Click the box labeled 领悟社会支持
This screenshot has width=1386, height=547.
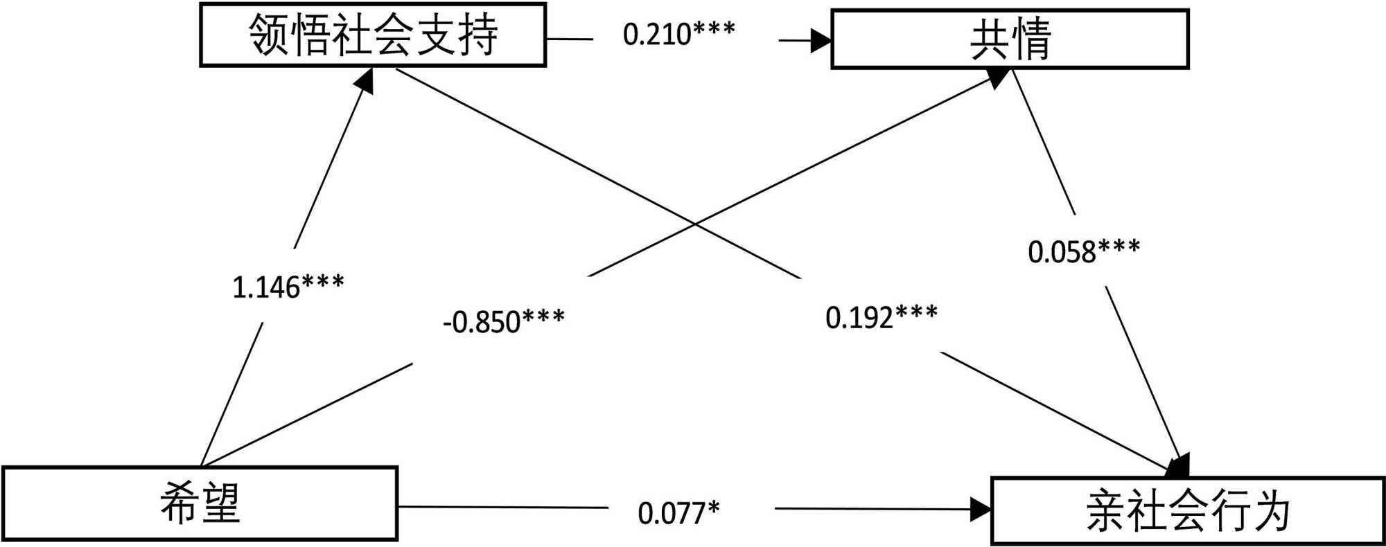[x=373, y=35]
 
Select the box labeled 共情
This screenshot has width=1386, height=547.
[x=1010, y=39]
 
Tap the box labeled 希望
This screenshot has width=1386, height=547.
[x=200, y=503]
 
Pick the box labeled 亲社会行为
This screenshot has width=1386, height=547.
[x=1188, y=511]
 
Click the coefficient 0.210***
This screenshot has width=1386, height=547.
[x=678, y=34]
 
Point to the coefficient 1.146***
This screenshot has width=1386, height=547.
[x=288, y=287]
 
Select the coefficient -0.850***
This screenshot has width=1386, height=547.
[x=504, y=321]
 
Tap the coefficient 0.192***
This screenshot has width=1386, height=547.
[x=881, y=316]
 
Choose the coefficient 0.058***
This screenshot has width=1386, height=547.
[x=1084, y=251]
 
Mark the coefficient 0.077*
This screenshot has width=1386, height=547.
[x=678, y=513]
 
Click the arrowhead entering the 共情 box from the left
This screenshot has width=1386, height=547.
[x=822, y=40]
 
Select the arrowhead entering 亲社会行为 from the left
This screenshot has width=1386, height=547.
[x=981, y=510]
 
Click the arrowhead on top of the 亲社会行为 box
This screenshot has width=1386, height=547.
[x=1179, y=467]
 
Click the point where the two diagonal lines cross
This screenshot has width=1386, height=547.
[x=695, y=224]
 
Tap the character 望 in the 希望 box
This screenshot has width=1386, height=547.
[x=221, y=503]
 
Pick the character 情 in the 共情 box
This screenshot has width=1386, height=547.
[x=1031, y=39]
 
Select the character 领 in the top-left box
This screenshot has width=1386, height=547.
[x=269, y=35]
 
